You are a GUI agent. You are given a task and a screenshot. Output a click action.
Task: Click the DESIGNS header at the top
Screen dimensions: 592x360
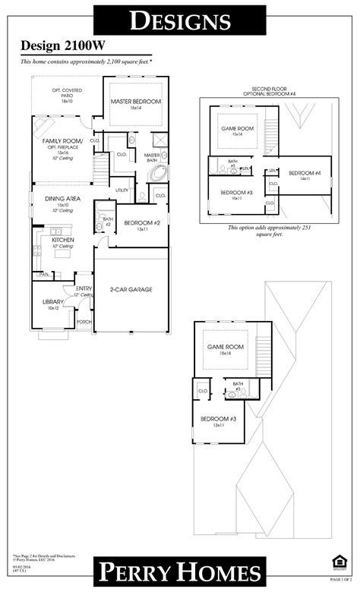click(x=179, y=20)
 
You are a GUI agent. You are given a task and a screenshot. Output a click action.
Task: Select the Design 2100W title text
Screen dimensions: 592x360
click(x=53, y=47)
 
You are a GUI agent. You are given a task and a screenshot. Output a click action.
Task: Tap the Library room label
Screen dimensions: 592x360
click(x=52, y=302)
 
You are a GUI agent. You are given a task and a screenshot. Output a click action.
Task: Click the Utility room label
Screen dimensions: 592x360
click(x=122, y=190)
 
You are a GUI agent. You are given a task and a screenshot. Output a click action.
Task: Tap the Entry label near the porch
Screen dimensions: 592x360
click(x=84, y=288)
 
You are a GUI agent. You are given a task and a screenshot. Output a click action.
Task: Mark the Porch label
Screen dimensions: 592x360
click(x=84, y=321)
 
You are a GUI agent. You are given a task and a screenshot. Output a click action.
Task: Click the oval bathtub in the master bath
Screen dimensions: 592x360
click(x=159, y=172)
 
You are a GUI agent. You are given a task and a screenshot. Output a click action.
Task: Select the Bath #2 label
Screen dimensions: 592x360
click(x=107, y=222)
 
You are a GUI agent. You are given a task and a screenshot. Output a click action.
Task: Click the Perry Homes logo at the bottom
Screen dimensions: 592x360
click(x=179, y=572)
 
